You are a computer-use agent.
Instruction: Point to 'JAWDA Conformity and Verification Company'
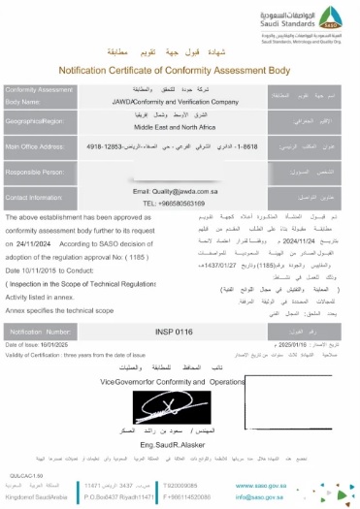point(178,100)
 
